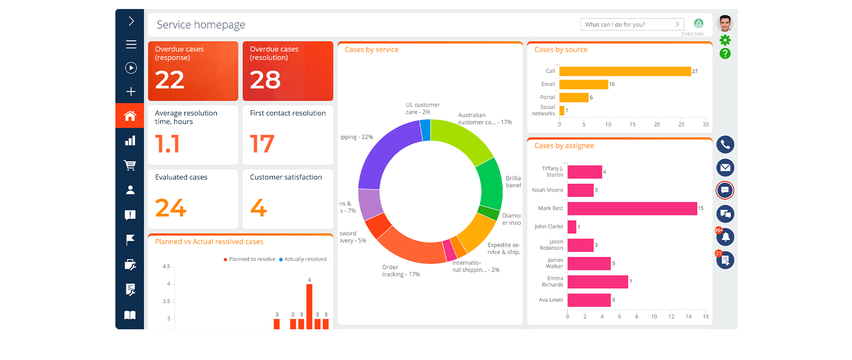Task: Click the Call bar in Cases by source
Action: click(624, 71)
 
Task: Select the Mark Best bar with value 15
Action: click(632, 209)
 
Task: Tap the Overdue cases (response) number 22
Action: click(170, 80)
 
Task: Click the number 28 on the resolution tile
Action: click(265, 80)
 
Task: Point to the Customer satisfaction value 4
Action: click(258, 208)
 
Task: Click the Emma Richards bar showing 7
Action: click(597, 282)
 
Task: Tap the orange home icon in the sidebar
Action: click(130, 116)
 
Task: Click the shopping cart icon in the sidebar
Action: click(130, 165)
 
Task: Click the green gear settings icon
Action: click(725, 40)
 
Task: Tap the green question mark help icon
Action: click(725, 53)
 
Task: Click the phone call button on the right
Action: click(725, 145)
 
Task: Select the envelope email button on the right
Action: click(725, 168)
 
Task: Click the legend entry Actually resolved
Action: click(305, 259)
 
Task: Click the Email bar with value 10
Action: click(583, 85)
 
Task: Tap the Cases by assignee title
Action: click(564, 146)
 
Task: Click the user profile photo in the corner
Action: click(724, 24)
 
